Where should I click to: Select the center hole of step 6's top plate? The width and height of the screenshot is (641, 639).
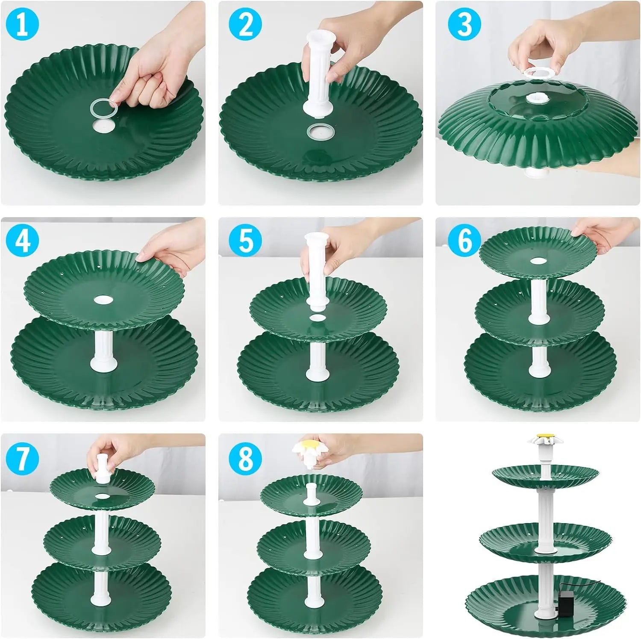537,261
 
